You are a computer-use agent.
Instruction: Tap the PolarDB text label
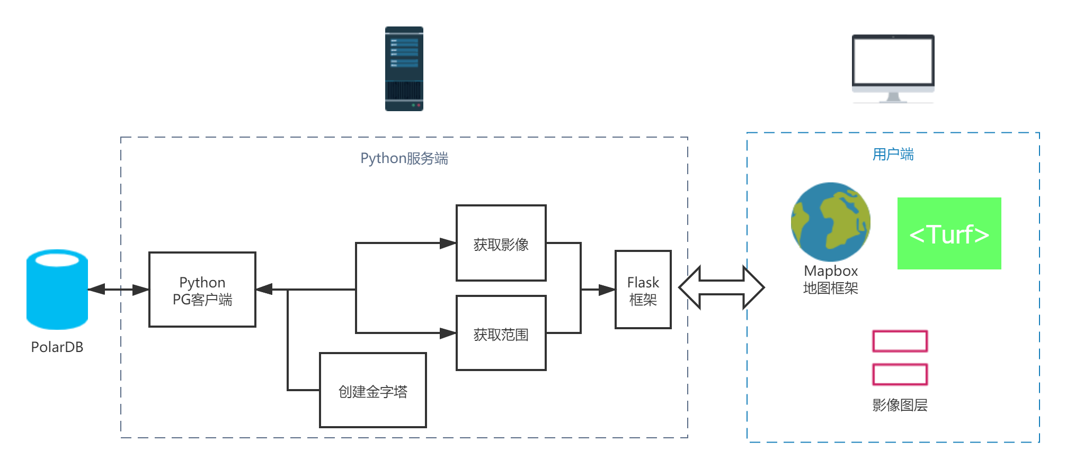point(57,347)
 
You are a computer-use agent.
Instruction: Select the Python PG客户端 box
point(202,290)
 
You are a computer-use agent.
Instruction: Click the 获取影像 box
point(501,243)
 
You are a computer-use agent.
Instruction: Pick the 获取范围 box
point(501,333)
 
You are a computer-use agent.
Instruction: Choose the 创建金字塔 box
point(373,391)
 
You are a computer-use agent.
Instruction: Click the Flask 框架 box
point(643,290)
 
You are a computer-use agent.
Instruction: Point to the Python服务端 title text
point(404,158)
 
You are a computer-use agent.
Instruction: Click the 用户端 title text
point(893,154)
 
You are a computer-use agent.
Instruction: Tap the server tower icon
point(404,69)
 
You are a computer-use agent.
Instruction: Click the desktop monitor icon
point(893,68)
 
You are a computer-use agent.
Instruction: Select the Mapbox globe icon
point(830,222)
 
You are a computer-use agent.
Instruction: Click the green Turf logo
point(949,233)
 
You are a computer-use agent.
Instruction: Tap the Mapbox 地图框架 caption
point(830,279)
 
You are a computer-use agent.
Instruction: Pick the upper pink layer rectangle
point(900,341)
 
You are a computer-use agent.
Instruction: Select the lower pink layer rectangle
point(900,374)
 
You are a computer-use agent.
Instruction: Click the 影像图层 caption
point(900,405)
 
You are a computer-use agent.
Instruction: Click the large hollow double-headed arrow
point(721,287)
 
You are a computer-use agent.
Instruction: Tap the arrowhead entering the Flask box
point(607,290)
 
